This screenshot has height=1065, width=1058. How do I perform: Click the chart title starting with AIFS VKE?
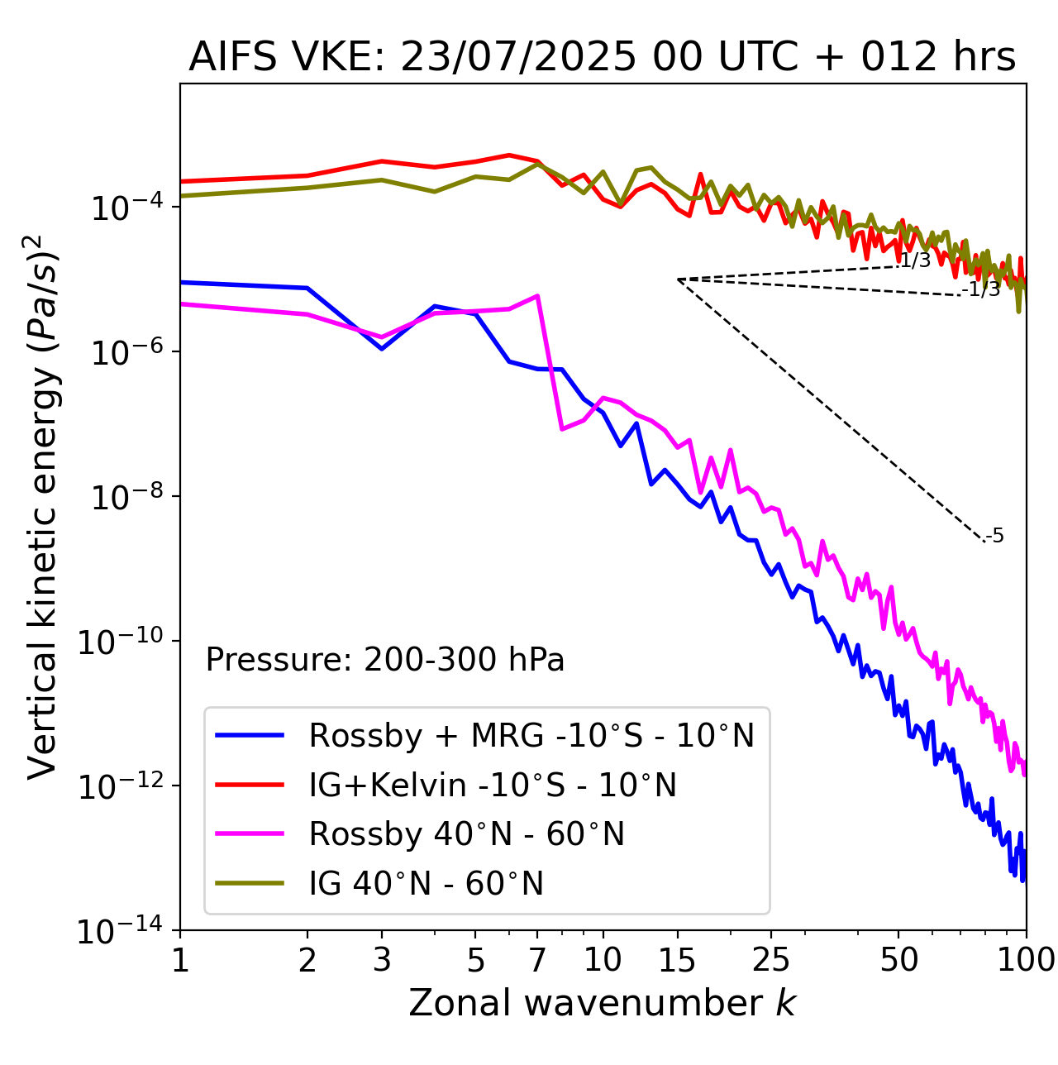(x=602, y=57)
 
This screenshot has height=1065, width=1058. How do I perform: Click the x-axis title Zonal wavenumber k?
(x=602, y=1003)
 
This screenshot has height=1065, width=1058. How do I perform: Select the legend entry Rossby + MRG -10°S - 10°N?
(x=531, y=735)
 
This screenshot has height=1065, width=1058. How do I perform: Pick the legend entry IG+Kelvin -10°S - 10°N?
(x=493, y=785)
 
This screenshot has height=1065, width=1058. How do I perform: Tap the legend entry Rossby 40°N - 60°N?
(x=466, y=834)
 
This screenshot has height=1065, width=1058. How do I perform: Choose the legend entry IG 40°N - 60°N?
(x=426, y=884)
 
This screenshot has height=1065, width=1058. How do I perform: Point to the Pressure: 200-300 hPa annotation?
(x=385, y=660)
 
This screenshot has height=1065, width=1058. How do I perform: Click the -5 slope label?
(x=995, y=537)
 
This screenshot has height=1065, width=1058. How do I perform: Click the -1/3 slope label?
(x=981, y=289)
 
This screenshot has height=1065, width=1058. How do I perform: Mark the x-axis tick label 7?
(x=538, y=960)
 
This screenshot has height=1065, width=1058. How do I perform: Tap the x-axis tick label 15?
(x=678, y=960)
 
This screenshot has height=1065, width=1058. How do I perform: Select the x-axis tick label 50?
(x=898, y=960)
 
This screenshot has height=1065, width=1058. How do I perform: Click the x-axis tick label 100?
(x=1026, y=960)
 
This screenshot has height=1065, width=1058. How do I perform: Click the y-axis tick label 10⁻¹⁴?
(x=120, y=932)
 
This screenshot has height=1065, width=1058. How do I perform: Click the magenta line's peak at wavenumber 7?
(x=538, y=295)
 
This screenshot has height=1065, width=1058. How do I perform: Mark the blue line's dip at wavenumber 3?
(x=382, y=349)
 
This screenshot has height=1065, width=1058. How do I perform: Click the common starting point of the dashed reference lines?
(x=678, y=279)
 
